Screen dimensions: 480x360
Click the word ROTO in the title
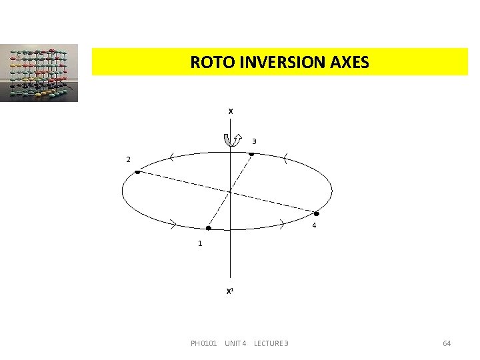[209, 63]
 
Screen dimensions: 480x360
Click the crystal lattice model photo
[39, 73]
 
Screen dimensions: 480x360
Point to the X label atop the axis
[231, 111]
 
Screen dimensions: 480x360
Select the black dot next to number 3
[251, 155]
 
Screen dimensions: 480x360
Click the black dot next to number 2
[137, 173]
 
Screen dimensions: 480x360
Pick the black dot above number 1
[208, 228]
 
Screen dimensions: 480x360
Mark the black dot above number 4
[317, 214]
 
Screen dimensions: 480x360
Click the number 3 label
[254, 141]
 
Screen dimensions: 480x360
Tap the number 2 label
[128, 159]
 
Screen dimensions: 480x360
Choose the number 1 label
[200, 243]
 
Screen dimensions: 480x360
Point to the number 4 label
[314, 226]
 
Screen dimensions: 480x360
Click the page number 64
[447, 343]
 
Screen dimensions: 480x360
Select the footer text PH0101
[203, 343]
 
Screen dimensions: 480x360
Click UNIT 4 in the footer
[235, 343]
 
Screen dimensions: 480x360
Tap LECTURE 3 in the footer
[271, 343]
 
